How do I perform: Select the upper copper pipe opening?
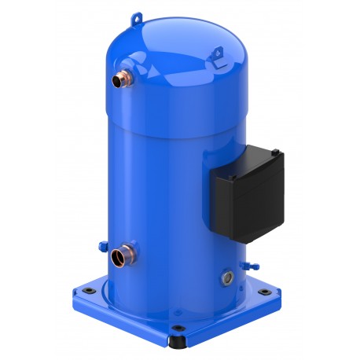click(117, 80)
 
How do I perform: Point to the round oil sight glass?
click(229, 277)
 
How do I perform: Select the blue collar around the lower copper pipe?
click(128, 255)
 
